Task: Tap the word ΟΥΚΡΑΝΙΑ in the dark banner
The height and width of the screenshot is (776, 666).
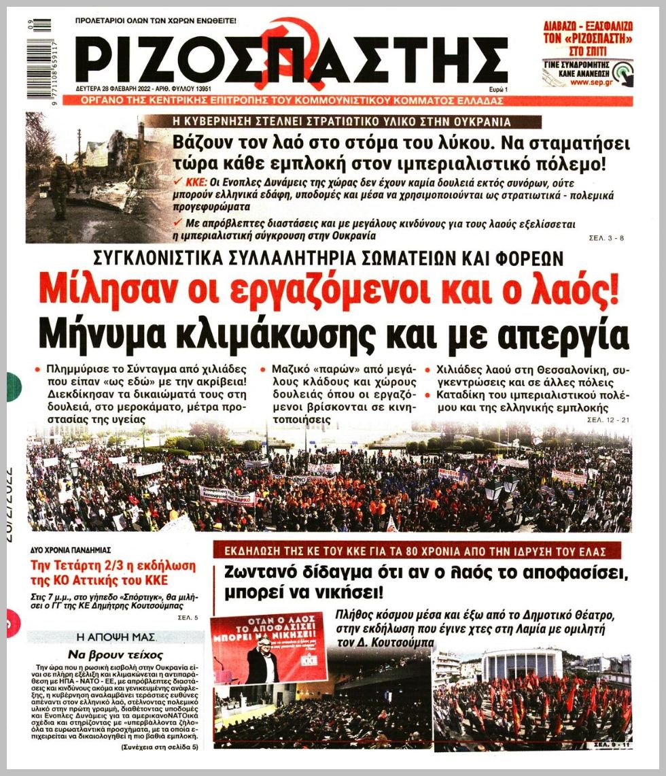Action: (464, 122)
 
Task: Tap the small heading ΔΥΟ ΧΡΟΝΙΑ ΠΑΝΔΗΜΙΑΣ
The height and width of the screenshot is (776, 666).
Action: (71, 550)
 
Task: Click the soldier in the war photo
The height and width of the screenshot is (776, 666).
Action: (60, 184)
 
